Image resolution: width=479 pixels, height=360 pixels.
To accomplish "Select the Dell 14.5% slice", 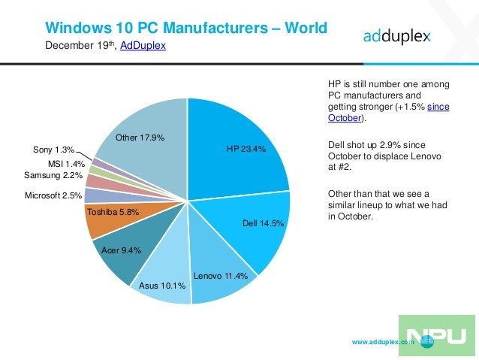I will click(x=255, y=225).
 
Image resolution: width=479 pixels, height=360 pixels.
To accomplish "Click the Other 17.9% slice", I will click(x=143, y=139).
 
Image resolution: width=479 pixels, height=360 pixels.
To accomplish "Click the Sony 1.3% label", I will click(x=53, y=150).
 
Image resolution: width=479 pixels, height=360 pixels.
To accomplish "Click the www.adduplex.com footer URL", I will click(x=383, y=342).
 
